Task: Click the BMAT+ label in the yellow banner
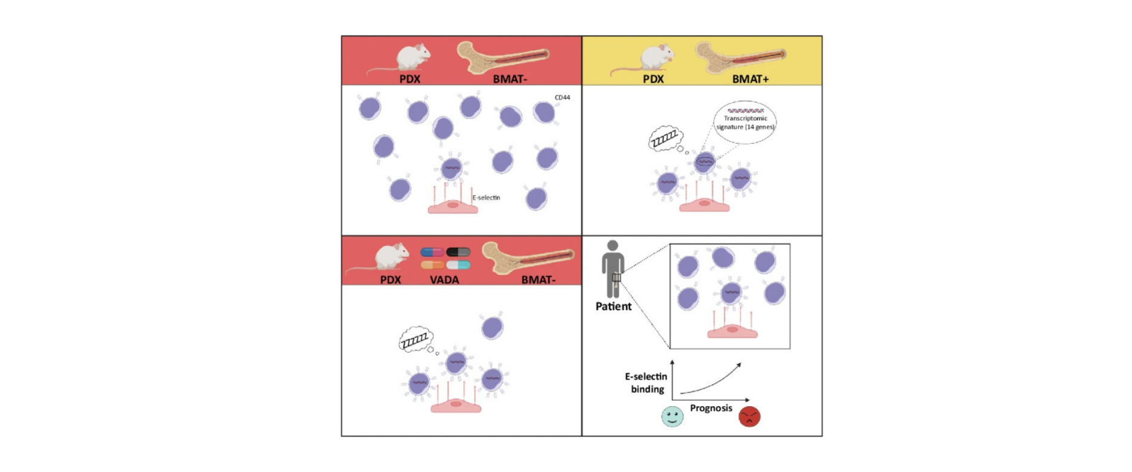(750, 79)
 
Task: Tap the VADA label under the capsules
(444, 280)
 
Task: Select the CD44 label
(562, 97)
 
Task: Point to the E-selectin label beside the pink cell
(486, 198)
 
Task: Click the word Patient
(613, 306)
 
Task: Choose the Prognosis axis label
(711, 408)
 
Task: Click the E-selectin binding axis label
(646, 383)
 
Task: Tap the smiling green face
(672, 416)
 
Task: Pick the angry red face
(749, 416)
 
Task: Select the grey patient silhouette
(613, 269)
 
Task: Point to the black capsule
(458, 252)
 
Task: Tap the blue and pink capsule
(432, 252)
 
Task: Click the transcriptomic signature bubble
(745, 122)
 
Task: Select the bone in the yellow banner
(740, 57)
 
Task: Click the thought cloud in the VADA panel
(415, 340)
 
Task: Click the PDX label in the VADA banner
(391, 280)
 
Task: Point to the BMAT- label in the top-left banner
(510, 79)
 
